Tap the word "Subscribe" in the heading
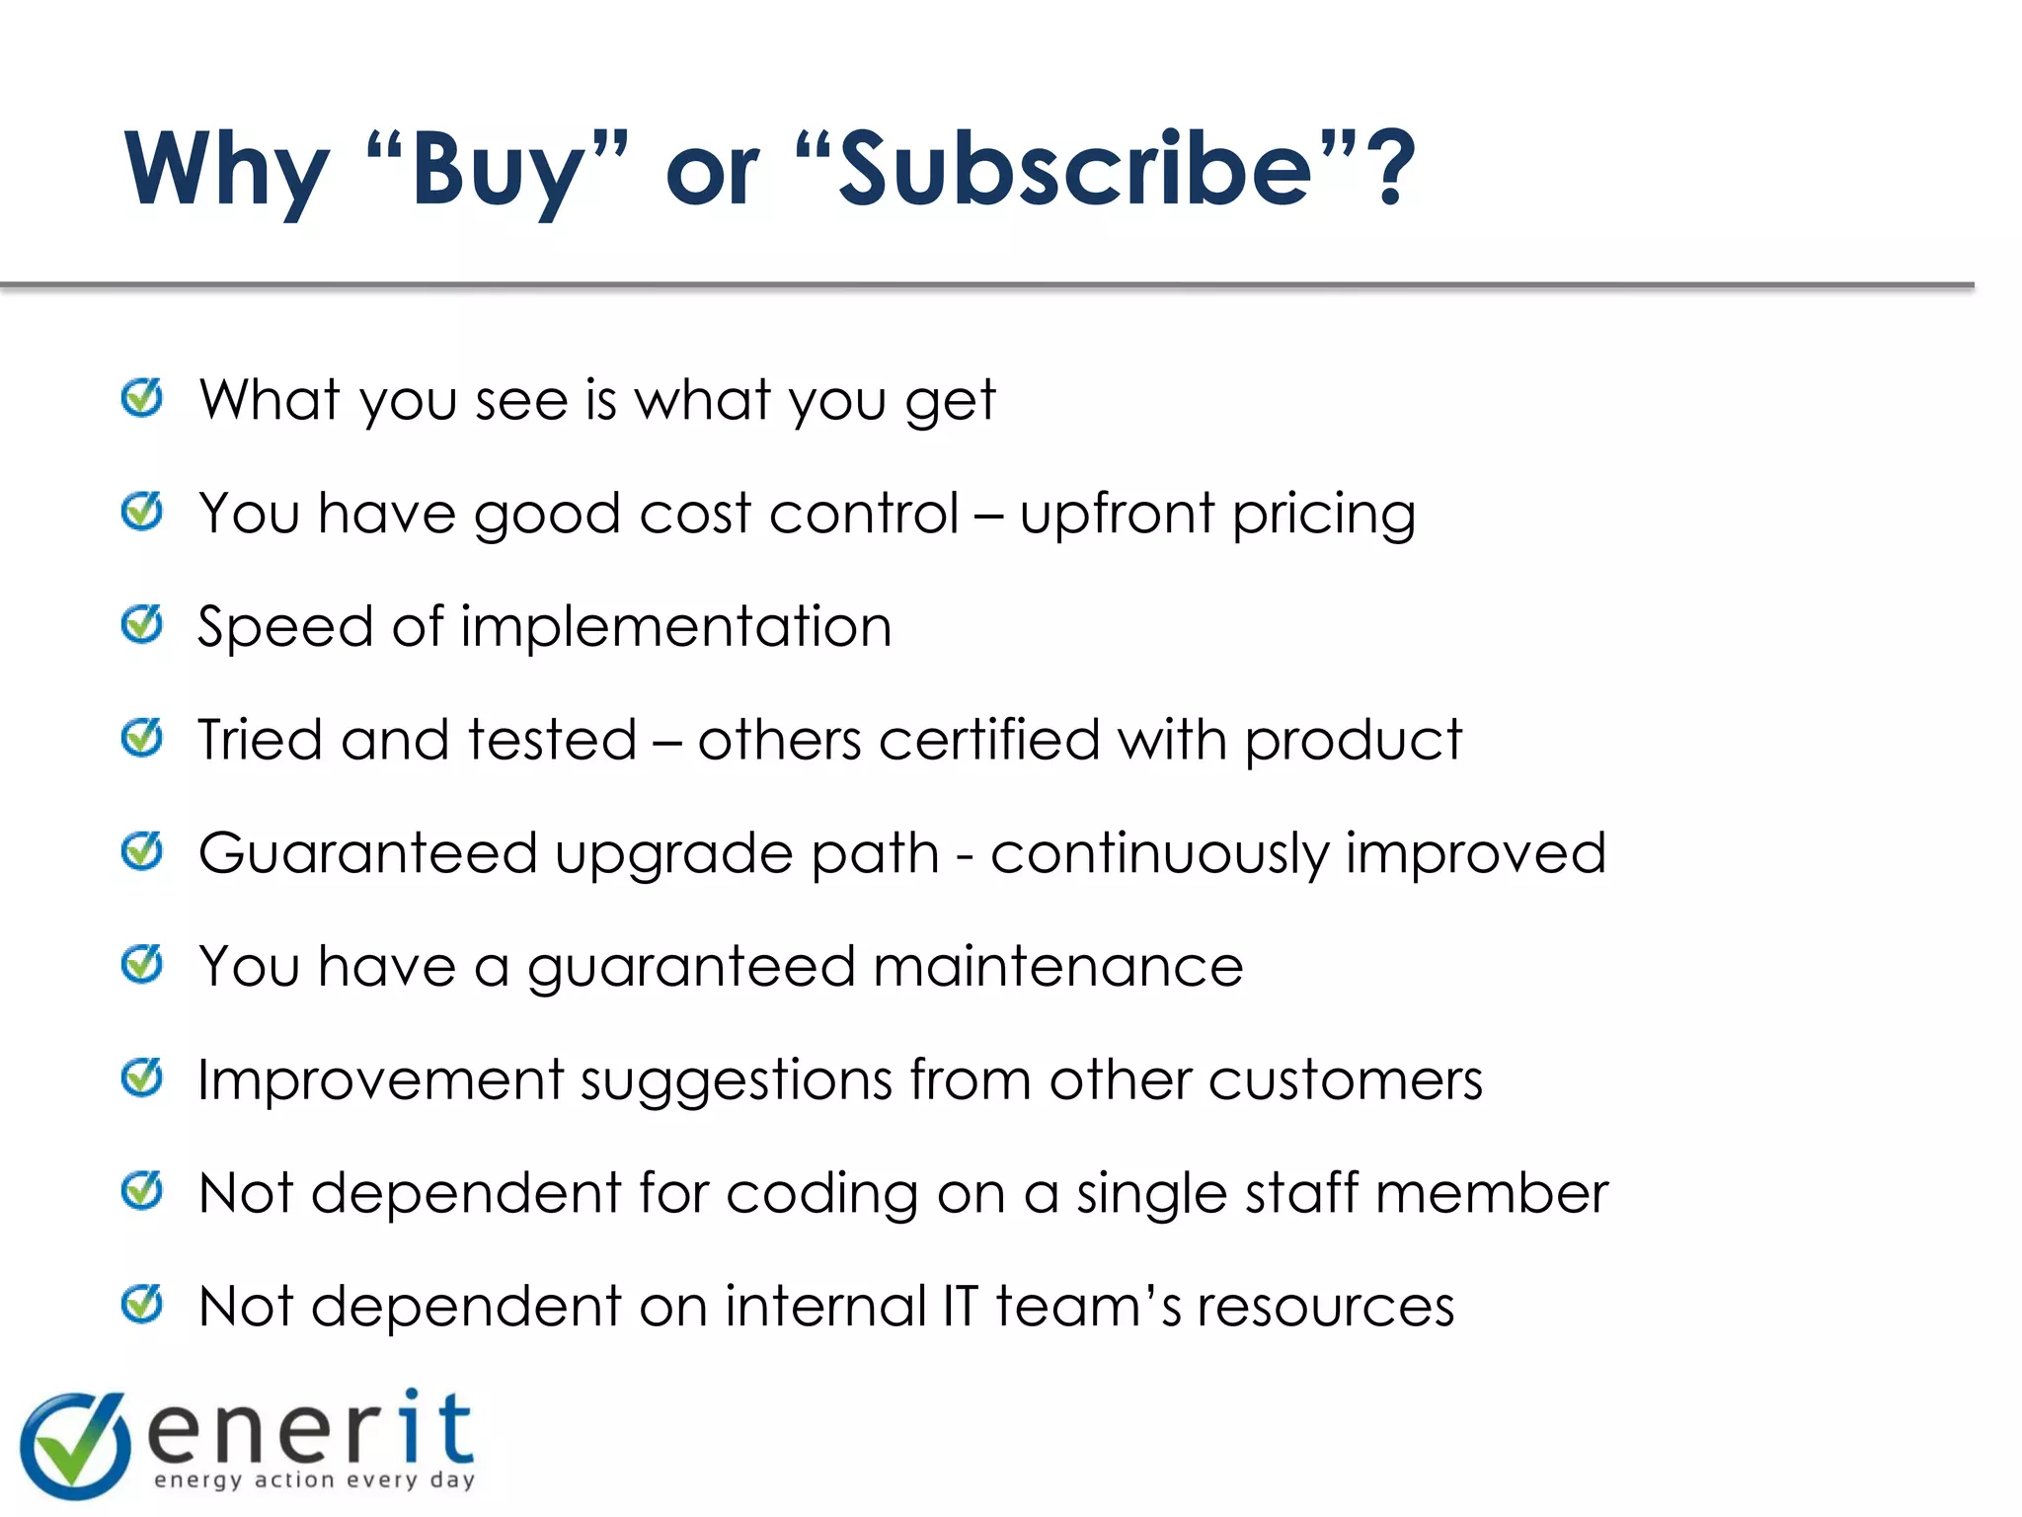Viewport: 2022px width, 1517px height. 1075,170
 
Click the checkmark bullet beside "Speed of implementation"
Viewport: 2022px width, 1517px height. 142,624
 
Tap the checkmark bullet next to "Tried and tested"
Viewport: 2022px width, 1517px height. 142,738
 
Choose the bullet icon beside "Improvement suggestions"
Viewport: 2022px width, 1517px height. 142,1078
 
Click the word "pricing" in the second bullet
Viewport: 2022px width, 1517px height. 1323,516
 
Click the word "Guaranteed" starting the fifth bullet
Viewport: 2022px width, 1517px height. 367,853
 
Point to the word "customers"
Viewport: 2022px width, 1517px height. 1345,1079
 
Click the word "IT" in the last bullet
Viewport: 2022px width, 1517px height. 959,1306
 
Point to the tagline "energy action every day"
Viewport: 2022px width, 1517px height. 315,1479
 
